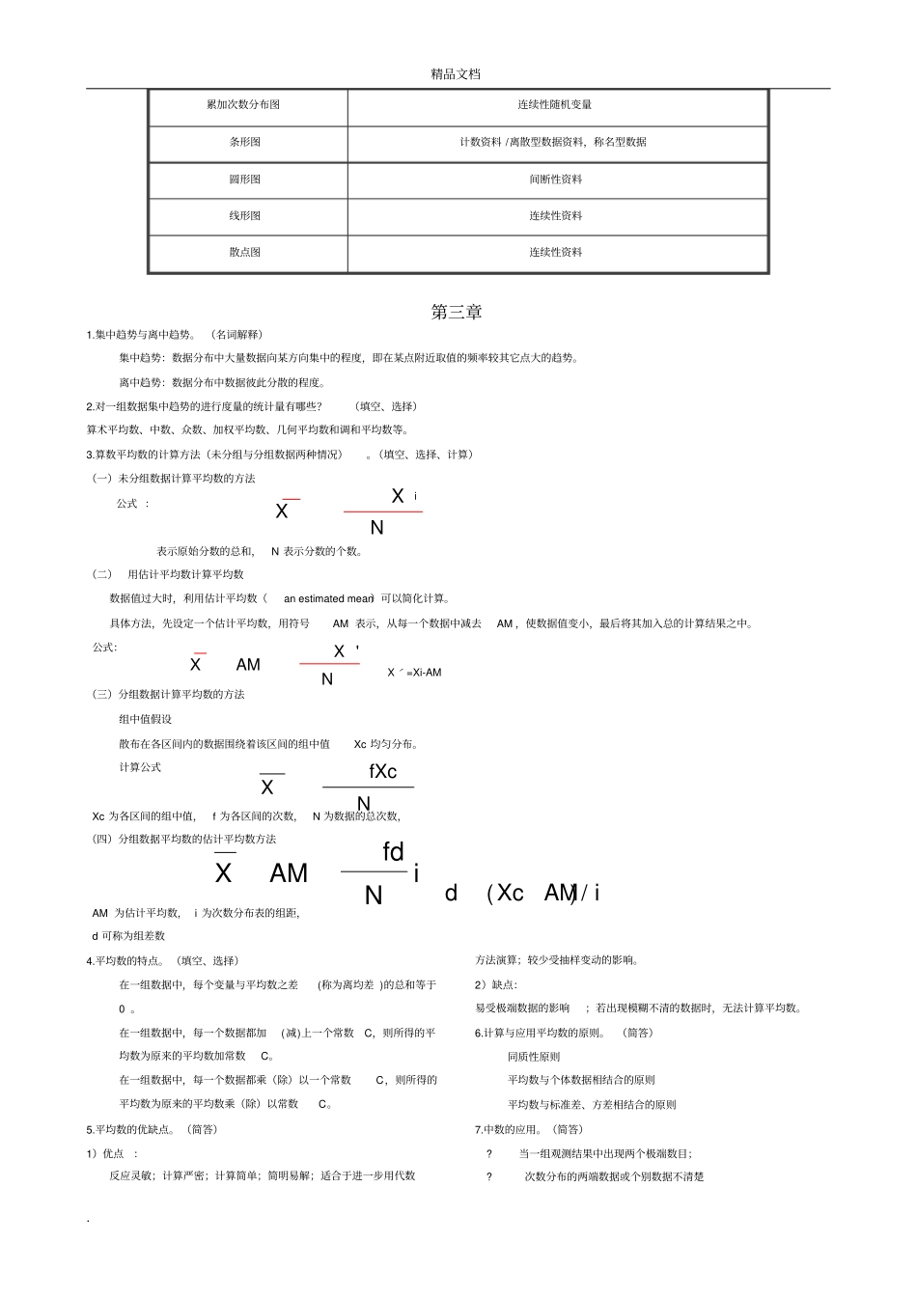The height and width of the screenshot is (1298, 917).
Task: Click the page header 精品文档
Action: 456,74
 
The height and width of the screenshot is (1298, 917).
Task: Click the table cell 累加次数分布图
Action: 243,105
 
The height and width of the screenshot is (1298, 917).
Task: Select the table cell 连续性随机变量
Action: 555,105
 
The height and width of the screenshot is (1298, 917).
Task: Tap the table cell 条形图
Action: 244,142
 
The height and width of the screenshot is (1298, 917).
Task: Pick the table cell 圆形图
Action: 244,180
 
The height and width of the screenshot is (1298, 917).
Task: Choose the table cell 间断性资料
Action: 555,180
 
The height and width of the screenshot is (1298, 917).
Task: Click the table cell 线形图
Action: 244,216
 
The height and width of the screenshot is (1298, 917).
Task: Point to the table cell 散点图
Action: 244,252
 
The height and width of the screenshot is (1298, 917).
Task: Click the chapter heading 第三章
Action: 457,313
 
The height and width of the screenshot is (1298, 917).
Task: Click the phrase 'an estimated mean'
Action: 328,599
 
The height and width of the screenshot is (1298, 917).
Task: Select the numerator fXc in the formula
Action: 382,772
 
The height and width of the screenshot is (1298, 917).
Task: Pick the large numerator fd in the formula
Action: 393,852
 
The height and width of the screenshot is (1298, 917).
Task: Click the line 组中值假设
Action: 145,719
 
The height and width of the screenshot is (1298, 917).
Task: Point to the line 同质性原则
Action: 534,1057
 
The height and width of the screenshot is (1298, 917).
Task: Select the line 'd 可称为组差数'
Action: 128,936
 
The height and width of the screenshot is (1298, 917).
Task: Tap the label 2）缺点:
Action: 495,984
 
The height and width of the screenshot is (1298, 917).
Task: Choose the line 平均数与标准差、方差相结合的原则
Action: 592,1105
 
